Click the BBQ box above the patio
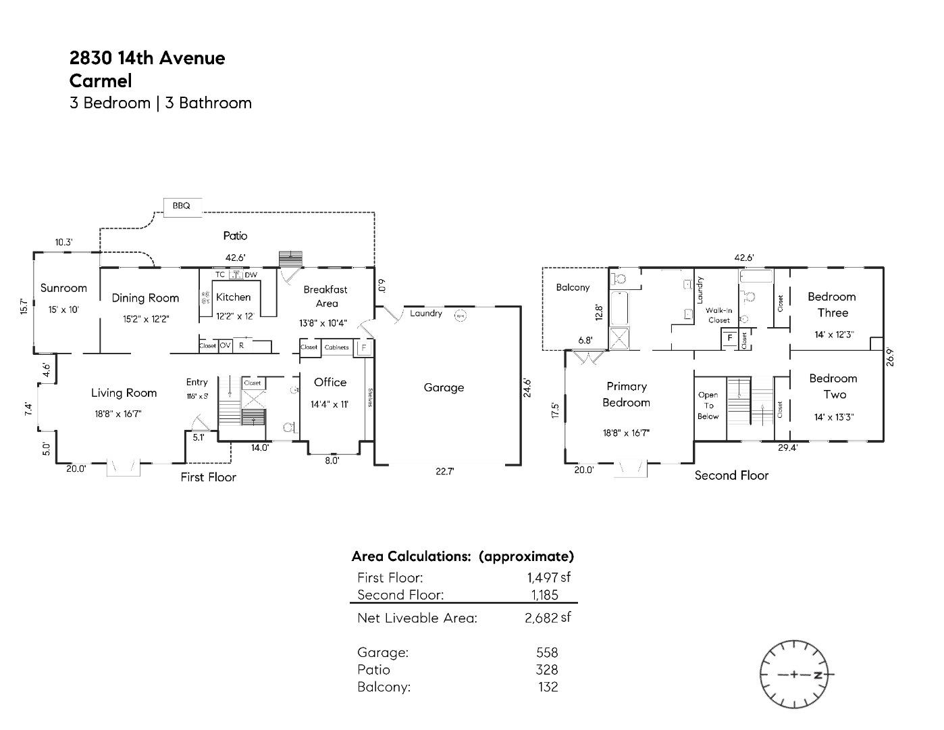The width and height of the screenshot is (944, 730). pos(182,205)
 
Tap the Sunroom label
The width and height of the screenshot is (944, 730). pos(63,288)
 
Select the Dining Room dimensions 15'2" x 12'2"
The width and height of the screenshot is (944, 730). pos(146,319)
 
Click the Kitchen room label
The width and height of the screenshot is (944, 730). pos(233,297)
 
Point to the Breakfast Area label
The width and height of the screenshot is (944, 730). pos(325,296)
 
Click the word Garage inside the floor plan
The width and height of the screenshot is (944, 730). pos(444,387)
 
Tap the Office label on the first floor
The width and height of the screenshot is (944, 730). pos(330,382)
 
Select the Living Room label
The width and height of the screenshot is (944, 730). pos(124,393)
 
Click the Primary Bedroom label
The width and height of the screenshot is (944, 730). pos(627,394)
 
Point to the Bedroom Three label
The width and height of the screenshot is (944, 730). pos(832,304)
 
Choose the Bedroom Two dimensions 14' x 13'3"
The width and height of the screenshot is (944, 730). pos(834,417)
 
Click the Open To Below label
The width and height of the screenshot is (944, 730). pos(708,406)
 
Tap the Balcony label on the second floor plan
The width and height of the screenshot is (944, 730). pos(573,287)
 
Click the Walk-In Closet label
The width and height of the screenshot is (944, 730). pos(719,315)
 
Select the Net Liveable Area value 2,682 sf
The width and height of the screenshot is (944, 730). pos(548,617)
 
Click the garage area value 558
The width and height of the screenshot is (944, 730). pos(547,652)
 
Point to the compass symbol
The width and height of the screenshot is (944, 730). pos(793,674)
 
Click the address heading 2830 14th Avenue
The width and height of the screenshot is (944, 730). pos(147,58)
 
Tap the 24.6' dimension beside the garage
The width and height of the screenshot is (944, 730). pos(527,387)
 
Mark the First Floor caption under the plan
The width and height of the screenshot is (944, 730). pos(208,477)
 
